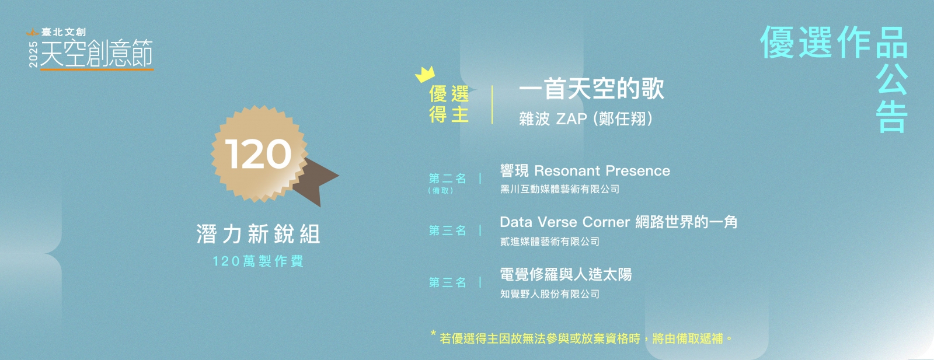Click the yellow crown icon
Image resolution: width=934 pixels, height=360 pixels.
(426, 74)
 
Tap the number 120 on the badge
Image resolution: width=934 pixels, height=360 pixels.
(258, 154)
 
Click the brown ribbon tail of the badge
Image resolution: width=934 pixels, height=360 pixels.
(318, 181)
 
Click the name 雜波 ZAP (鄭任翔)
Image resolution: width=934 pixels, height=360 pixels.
(586, 119)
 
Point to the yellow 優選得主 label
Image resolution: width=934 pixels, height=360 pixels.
(449, 104)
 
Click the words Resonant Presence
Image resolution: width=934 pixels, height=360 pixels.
(602, 171)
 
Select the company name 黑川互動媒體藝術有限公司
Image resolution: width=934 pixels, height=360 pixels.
(560, 189)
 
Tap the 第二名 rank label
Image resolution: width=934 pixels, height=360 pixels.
(447, 179)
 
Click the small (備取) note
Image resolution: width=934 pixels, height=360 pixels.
(440, 191)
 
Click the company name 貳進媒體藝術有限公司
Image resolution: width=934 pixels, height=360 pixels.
(549, 242)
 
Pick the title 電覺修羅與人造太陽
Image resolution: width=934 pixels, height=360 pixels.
(566, 275)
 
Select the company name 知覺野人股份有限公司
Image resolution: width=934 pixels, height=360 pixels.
(549, 294)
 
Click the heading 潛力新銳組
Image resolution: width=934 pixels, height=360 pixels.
(259, 234)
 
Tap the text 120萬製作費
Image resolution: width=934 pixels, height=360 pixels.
(258, 261)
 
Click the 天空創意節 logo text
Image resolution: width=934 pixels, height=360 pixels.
(97, 53)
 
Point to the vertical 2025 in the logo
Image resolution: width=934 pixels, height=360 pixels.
(33, 54)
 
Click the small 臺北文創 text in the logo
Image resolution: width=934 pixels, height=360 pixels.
(64, 32)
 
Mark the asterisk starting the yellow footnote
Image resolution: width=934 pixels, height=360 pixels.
(433, 333)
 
